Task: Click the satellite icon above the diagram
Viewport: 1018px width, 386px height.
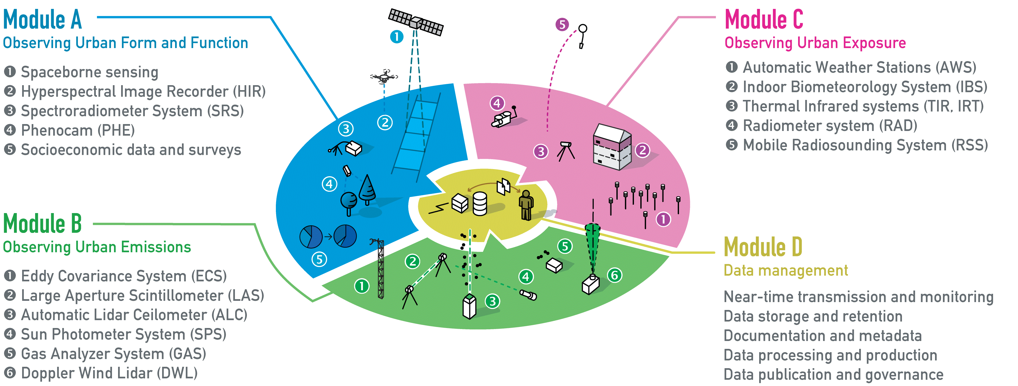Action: [x=416, y=22]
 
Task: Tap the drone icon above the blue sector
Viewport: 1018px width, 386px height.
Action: [x=384, y=76]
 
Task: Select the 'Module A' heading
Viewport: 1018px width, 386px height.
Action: [x=42, y=20]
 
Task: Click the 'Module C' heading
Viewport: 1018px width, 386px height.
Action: [x=764, y=20]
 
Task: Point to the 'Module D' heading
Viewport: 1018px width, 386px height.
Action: [x=763, y=247]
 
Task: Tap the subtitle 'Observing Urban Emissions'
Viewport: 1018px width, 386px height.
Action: [x=97, y=247]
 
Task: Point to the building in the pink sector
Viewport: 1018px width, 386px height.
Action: [x=612, y=147]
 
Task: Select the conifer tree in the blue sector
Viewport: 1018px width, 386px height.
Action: [x=367, y=189]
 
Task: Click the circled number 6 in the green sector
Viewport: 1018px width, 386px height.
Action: [x=615, y=275]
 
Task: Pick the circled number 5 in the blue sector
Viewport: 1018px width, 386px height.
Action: [x=319, y=259]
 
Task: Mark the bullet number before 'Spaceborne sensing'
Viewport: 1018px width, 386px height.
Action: [x=10, y=72]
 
